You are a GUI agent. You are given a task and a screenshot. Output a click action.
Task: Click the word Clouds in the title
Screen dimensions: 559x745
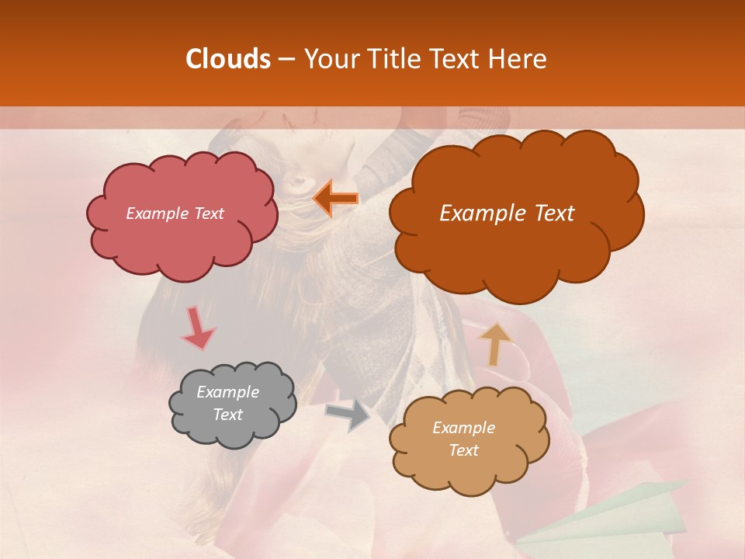click(x=227, y=59)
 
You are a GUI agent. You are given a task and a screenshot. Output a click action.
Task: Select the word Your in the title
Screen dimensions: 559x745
click(x=327, y=59)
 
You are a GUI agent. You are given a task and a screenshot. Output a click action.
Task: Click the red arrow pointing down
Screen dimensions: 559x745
click(x=197, y=329)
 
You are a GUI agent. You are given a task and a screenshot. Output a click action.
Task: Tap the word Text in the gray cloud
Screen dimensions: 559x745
click(x=227, y=415)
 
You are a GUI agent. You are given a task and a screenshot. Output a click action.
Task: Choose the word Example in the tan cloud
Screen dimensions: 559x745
click(x=463, y=428)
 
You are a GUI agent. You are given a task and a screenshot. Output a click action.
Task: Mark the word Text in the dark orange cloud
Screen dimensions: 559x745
click(x=548, y=214)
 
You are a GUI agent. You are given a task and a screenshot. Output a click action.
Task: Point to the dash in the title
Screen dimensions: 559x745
click(x=285, y=59)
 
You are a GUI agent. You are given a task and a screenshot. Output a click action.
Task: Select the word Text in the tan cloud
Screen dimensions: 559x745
click(x=463, y=450)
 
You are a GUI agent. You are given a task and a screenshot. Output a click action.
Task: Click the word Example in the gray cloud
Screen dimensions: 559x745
click(x=227, y=392)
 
